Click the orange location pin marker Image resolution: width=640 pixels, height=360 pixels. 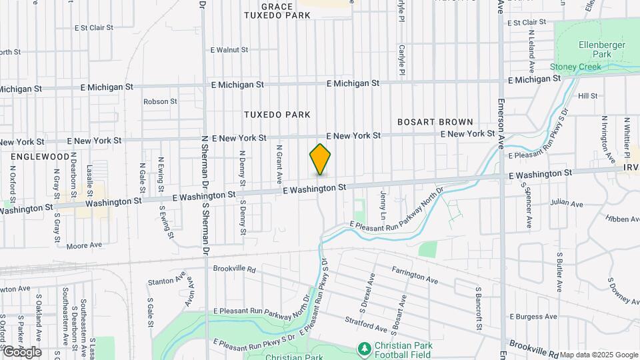pyautogui.click(x=321, y=159)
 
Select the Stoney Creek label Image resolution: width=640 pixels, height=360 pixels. pyautogui.click(x=575, y=67)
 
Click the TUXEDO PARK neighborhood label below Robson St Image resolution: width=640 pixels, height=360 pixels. pyautogui.click(x=277, y=115)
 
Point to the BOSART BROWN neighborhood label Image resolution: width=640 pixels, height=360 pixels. pyautogui.click(x=435, y=122)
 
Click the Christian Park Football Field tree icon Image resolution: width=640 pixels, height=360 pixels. pyautogui.click(x=364, y=349)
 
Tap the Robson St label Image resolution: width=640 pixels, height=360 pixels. pyautogui.click(x=160, y=102)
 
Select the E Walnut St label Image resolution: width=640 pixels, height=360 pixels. pyautogui.click(x=229, y=49)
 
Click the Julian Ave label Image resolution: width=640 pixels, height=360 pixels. pyautogui.click(x=567, y=203)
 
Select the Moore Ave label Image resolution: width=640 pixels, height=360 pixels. pyautogui.click(x=84, y=245)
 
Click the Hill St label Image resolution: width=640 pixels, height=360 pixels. pyautogui.click(x=587, y=96)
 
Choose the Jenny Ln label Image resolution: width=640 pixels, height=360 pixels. pyautogui.click(x=383, y=205)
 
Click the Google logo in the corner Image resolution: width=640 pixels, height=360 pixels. pyautogui.click(x=22, y=351)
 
